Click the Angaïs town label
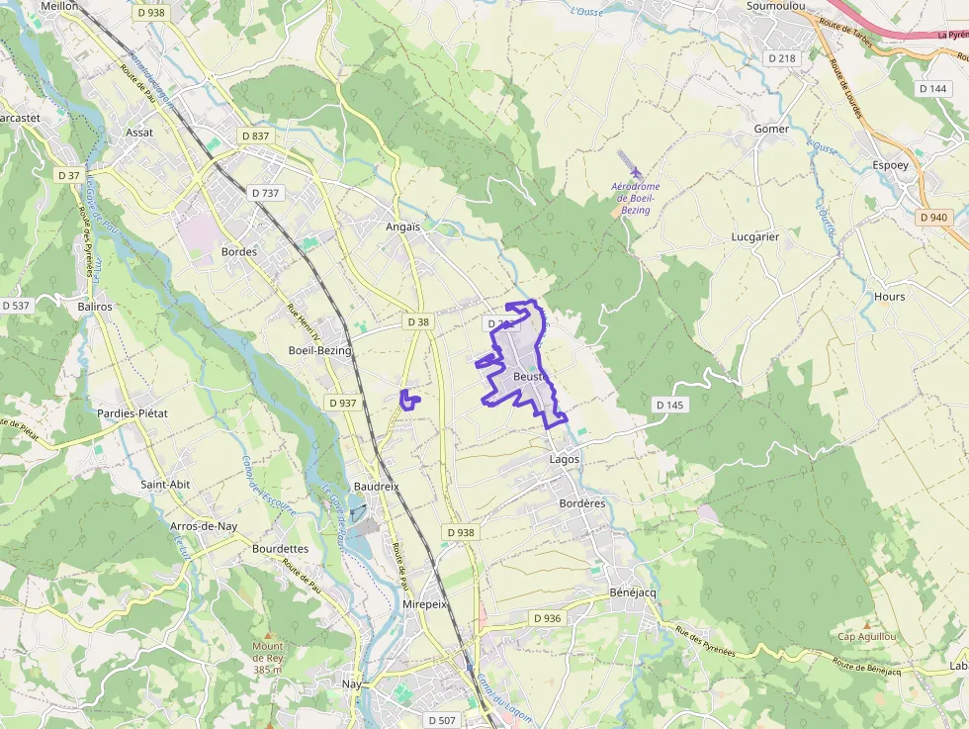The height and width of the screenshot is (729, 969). pos(402,227)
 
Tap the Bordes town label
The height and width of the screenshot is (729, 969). pos(239,251)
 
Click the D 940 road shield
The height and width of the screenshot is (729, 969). pos(932,217)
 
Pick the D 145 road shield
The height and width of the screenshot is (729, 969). pos(669,405)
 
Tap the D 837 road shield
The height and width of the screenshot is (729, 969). pos(254,136)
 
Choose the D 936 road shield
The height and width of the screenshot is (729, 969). pos(547,618)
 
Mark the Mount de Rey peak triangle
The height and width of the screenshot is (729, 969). pos(267,634)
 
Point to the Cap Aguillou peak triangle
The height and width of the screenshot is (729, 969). pos(867,625)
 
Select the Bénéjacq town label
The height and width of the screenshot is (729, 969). pos(633,592)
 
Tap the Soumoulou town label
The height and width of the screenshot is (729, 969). pos(775,6)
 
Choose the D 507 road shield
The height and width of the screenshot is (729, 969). pos(442,720)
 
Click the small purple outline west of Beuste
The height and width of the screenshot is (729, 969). pos(408,399)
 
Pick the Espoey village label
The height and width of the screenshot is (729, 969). pos(890,165)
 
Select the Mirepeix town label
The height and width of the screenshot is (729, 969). pos(425,603)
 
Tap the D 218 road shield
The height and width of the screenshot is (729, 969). pos(781,58)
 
